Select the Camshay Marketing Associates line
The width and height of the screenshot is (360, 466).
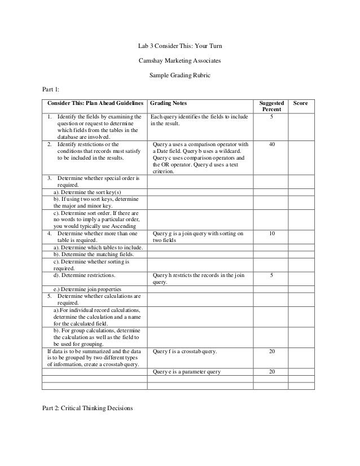180,59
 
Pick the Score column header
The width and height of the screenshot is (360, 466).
301,104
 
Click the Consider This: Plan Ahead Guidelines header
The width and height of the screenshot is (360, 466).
93,104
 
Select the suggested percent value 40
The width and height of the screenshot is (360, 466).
272,145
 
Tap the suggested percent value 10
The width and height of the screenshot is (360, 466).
272,233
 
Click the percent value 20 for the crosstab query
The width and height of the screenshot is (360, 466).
272,351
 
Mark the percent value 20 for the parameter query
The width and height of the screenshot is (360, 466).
272,372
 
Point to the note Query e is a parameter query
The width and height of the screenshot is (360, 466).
186,372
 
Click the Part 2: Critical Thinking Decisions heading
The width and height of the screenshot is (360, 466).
87,409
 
